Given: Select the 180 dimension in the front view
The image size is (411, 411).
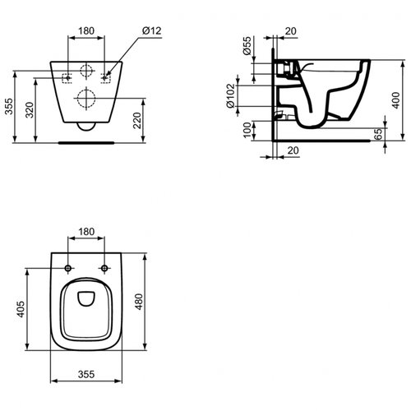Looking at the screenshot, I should tap(85, 32).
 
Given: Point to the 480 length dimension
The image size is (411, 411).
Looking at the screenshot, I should tap(140, 301).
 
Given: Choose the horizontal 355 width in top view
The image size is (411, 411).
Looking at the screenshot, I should tap(86, 374).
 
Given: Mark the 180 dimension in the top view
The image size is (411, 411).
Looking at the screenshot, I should tap(85, 233).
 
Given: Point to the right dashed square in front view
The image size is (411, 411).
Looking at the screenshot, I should tap(104, 76).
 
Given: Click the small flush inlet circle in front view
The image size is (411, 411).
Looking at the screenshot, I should tap(85, 70).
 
